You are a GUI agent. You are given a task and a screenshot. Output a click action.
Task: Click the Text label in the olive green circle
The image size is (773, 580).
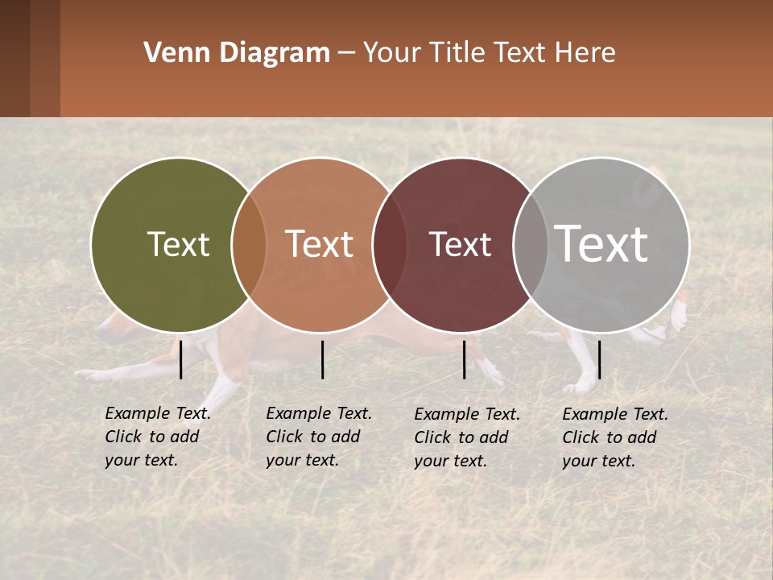click(178, 244)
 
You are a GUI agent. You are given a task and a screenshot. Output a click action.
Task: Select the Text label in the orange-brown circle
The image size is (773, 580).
click(319, 244)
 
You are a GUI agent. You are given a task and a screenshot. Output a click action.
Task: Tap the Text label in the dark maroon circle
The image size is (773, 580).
click(460, 244)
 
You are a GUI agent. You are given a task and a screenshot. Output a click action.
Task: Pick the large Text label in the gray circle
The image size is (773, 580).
click(601, 243)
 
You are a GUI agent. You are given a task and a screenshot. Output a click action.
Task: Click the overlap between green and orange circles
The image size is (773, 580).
click(249, 245)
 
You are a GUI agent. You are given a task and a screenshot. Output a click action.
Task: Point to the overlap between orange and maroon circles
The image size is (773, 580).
click(390, 245)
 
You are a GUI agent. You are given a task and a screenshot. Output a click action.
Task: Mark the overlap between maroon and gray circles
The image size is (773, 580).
click(531, 245)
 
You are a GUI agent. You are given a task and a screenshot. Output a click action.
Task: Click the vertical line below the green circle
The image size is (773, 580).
click(180, 359)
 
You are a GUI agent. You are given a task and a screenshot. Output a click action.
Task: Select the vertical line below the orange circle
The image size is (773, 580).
click(322, 359)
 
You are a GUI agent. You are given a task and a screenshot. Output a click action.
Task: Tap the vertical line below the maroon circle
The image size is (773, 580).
click(464, 359)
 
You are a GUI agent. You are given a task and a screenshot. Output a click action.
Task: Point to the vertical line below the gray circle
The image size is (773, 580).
click(599, 359)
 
